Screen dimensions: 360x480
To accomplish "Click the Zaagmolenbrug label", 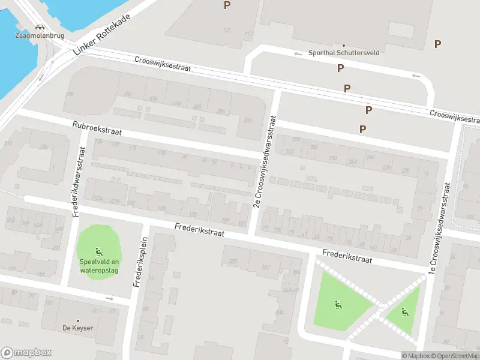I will point(39,35).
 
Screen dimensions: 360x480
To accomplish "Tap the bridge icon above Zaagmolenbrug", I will point(40,27).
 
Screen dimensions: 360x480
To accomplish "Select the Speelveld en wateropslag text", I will point(98,265).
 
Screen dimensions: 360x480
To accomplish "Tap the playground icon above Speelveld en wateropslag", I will point(98,252).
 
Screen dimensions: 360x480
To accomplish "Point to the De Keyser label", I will point(77,328).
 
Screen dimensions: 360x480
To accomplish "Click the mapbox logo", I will point(26,353).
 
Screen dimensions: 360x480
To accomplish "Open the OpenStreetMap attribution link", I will point(455,356).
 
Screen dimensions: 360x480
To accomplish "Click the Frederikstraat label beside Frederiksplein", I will point(199,230).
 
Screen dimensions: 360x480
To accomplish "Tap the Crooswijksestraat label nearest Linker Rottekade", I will point(163,64).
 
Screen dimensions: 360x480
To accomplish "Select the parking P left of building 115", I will point(227,5).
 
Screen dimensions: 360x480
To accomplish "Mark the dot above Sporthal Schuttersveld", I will point(344,45).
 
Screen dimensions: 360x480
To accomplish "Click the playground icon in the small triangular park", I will point(405,311).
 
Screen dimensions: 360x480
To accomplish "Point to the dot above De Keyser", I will point(77,320).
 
